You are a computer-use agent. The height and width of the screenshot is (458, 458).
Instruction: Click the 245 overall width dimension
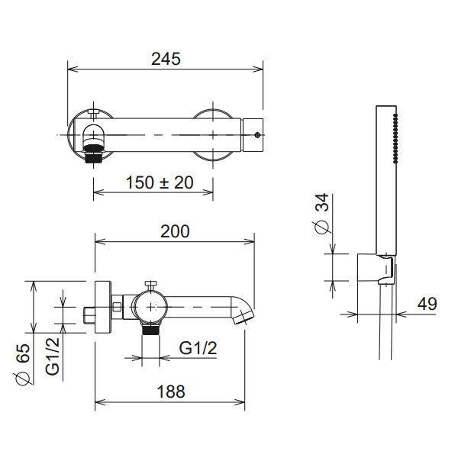(166, 59)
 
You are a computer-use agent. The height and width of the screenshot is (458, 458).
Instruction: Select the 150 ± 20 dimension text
(159, 182)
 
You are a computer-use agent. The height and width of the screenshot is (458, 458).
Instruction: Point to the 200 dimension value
(175, 231)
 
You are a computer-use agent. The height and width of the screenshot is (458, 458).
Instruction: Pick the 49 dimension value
(427, 304)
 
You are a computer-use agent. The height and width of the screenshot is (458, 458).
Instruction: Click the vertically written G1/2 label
(53, 356)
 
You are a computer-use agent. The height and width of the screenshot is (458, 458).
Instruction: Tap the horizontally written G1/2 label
(198, 348)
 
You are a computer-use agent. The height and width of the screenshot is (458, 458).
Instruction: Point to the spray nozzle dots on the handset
(395, 137)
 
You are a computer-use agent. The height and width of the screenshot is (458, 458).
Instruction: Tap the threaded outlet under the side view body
(150, 330)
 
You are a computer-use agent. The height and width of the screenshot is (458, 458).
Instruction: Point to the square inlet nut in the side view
(89, 313)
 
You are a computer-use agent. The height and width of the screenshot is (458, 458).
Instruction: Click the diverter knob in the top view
(94, 115)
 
